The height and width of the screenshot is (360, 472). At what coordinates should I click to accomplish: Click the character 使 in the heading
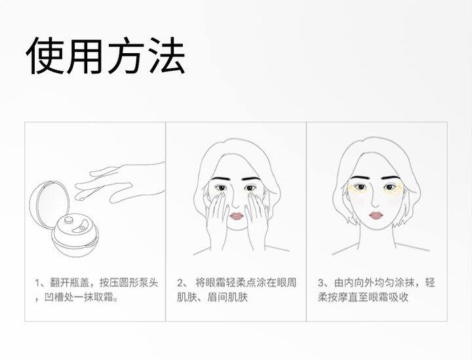[45, 56]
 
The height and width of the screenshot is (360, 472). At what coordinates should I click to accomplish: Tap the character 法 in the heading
[166, 56]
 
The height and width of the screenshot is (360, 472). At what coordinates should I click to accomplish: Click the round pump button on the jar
[68, 220]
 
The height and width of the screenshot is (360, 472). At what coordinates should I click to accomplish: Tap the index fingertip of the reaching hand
[79, 198]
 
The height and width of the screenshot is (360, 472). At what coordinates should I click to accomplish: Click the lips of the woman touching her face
[236, 216]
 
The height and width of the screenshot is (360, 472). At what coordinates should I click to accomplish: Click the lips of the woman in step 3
[376, 215]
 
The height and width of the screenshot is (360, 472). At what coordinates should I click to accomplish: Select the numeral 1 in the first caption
[37, 283]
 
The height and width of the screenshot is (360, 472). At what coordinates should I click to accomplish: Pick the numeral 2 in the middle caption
[180, 283]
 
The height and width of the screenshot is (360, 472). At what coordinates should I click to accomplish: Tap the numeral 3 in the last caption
[321, 283]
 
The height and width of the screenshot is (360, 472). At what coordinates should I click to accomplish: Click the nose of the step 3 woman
[374, 202]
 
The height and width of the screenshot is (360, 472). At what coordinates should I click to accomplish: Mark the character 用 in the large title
[85, 56]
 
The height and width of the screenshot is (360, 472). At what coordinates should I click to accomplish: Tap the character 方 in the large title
[125, 56]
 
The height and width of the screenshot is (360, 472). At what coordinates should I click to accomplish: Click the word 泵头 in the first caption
[149, 283]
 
